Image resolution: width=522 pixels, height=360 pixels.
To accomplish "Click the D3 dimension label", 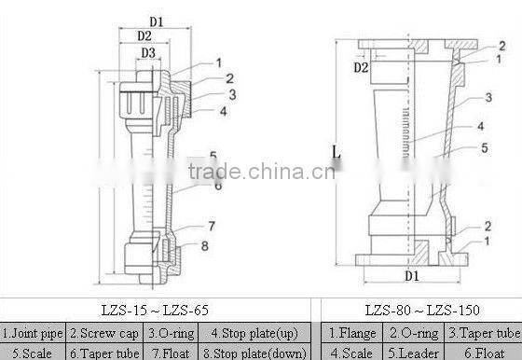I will coord(148,53).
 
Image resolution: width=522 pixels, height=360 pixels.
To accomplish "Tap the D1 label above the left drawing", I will coord(156,21).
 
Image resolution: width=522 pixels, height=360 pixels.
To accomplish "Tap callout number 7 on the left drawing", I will coord(212,226).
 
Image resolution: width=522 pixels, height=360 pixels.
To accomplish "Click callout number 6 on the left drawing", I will coord(217,185).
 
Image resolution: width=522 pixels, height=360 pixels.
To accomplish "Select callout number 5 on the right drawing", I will coord(485,147).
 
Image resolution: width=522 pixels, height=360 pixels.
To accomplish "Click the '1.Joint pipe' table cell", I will coord(34,332).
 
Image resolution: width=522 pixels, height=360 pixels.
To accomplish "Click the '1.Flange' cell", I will coord(354,332).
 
